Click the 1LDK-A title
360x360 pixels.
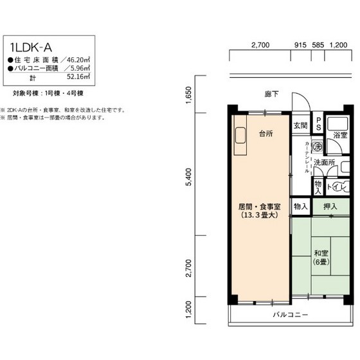(35, 47)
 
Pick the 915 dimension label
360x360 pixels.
(300, 45)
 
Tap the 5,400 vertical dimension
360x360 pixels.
(188, 177)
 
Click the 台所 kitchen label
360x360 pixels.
(265, 134)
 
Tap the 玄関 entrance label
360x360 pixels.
(300, 125)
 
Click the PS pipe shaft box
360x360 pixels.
(318, 122)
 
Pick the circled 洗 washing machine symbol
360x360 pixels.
(317, 147)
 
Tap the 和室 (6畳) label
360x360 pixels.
(321, 257)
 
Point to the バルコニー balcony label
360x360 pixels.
(290, 315)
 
